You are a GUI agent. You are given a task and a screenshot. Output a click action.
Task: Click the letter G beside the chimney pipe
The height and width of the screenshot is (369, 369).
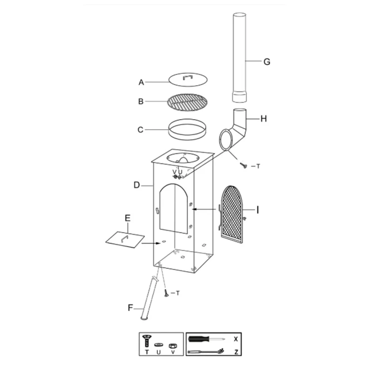(x=267, y=62)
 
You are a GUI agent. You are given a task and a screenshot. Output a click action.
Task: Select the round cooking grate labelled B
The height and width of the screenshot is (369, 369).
(x=187, y=102)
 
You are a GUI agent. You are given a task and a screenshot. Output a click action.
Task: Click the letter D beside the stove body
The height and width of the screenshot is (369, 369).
(x=137, y=185)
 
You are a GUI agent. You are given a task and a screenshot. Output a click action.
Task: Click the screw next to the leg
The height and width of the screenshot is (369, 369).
(x=167, y=293)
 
